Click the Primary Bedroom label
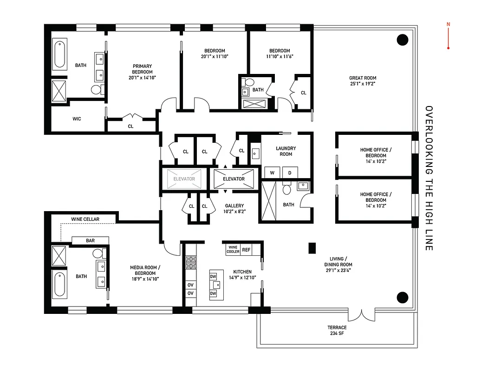pos(142,69)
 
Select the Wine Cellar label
pos(85,219)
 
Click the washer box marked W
pos(272,172)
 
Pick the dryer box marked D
pos(290,172)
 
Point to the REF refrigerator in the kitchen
pos(246,250)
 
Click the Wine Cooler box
pos(233,250)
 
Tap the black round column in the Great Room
pos(402,40)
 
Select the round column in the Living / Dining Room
pos(402,297)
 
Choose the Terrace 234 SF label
pos(337,330)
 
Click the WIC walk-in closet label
pos(77,119)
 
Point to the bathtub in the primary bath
pos(60,55)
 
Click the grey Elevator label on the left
pos(184,179)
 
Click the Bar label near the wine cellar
pos(90,241)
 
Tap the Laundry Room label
pos(286,151)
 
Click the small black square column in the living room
pos(312,248)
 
